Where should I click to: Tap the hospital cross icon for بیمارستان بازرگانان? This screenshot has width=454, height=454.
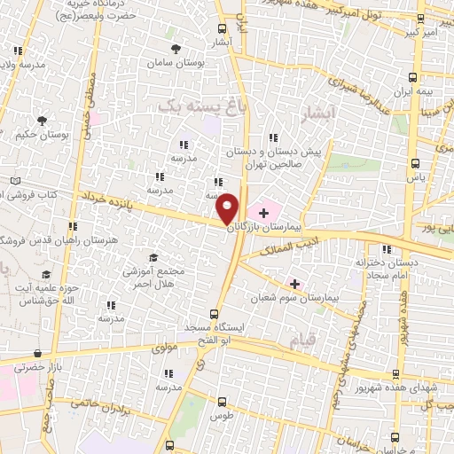[x=263, y=214]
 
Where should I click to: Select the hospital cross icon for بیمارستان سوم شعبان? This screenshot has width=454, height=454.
[x=294, y=284]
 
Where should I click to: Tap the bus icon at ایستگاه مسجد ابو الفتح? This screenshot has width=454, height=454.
[x=213, y=313]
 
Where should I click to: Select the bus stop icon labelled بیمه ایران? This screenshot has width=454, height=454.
[x=416, y=78]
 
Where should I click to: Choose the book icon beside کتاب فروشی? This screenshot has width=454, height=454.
[x=14, y=181]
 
